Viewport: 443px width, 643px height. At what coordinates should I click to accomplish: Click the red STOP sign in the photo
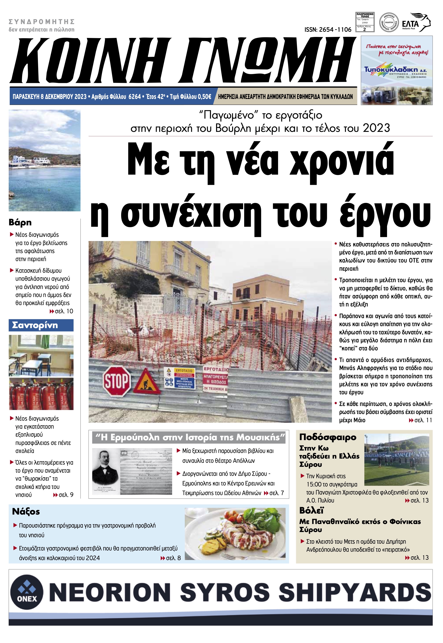117,381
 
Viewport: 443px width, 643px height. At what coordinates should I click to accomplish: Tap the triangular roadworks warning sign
147,382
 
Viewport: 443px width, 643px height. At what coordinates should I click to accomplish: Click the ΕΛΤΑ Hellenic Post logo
416,23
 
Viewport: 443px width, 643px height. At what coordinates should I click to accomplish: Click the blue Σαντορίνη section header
41,325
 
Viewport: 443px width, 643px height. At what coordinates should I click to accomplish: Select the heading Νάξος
26,511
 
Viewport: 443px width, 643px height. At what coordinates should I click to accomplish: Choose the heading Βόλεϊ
311,510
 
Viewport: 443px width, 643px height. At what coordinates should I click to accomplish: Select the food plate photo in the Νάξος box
235,534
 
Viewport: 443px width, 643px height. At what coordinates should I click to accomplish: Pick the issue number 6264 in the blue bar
135,97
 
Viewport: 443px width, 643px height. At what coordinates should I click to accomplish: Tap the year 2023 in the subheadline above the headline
376,128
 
